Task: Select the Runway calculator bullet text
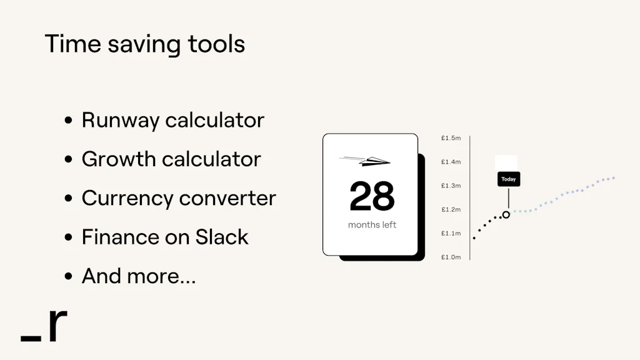[x=172, y=120]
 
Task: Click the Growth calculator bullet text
[x=171, y=159]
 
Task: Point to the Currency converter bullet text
[x=179, y=198]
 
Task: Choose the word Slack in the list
[x=222, y=237]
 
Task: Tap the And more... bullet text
[x=139, y=276]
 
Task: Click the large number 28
[x=372, y=197]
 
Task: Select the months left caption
[x=372, y=225]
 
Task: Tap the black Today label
[x=509, y=179]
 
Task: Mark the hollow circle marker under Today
[x=506, y=214]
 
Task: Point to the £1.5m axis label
[x=451, y=138]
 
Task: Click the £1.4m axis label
[x=451, y=162]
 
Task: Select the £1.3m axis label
[x=451, y=186]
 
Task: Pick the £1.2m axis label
[x=451, y=209]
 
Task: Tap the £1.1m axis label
[x=451, y=233]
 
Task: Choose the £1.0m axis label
[x=451, y=257]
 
